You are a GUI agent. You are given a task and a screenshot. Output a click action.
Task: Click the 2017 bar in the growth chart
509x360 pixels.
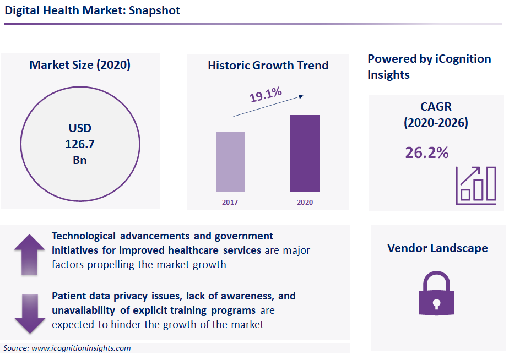(x=230, y=162)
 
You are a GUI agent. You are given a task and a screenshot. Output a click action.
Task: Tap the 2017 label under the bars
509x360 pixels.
(x=230, y=203)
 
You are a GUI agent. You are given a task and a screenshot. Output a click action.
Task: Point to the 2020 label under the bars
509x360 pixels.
(x=305, y=203)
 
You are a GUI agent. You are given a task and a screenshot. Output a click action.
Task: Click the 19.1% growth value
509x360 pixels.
(x=266, y=94)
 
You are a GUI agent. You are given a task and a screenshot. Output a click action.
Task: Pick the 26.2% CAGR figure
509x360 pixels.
(x=427, y=152)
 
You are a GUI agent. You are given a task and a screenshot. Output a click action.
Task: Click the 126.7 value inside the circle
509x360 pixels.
(x=80, y=145)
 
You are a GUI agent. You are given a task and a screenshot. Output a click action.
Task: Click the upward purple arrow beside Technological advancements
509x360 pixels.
(x=29, y=254)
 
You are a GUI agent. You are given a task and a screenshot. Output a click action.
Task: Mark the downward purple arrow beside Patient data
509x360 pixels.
(x=29, y=313)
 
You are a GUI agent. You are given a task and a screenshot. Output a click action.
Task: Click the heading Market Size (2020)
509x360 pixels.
(x=80, y=65)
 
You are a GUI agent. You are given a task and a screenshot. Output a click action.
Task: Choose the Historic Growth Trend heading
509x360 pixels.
(x=268, y=66)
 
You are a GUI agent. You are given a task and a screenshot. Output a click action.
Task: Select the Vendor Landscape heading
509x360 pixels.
(x=437, y=248)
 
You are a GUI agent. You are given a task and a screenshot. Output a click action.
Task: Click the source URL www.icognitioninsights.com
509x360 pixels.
(x=81, y=348)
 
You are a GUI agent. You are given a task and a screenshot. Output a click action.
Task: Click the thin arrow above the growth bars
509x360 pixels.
(x=268, y=105)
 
